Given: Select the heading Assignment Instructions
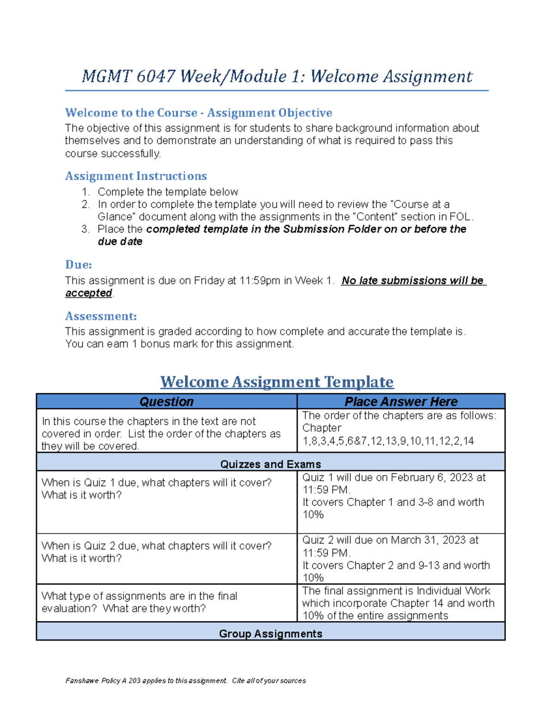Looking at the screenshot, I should pos(136,176).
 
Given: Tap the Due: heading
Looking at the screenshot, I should pos(78,265).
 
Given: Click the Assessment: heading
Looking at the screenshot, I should pos(101,316).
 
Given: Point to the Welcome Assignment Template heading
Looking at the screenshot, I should pos(277,382).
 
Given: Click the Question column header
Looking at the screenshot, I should pos(166,402).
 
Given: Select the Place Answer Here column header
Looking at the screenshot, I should pos(401,402).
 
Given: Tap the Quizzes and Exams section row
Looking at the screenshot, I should pos(271,464).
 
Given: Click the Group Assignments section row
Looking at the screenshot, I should pos(271,633).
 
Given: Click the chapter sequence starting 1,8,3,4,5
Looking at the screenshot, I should pos(388,441).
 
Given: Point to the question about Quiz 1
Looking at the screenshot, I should pos(157,488).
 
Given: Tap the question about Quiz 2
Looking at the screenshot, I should pos(157,552).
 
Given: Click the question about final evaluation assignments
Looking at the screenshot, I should pos(139,602).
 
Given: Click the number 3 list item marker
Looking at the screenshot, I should pos(85,229).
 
